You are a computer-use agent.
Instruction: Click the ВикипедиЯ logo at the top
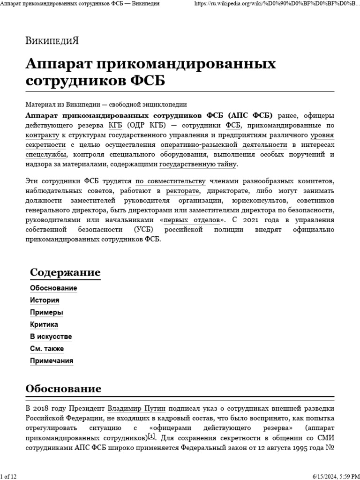(x=52, y=40)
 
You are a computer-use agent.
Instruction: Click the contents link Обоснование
(x=53, y=288)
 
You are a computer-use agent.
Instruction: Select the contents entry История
(x=45, y=300)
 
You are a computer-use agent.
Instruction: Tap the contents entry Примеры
(x=46, y=312)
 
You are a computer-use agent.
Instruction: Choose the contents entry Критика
(x=44, y=324)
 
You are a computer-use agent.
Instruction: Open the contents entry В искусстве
(x=51, y=337)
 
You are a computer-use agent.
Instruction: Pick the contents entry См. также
(x=47, y=349)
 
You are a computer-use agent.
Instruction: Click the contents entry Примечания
(x=52, y=361)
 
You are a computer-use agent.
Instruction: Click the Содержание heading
(x=65, y=272)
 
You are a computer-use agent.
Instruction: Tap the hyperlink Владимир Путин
(x=136, y=408)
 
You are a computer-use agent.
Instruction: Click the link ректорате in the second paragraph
(x=183, y=191)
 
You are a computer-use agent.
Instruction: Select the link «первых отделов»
(x=192, y=219)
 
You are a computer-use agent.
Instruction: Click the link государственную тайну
(x=198, y=164)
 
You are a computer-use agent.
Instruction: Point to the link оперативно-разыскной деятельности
(x=224, y=145)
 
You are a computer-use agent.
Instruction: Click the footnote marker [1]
(x=151, y=436)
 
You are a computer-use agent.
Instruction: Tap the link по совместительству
(x=171, y=181)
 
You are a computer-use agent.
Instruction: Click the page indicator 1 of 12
(x=9, y=476)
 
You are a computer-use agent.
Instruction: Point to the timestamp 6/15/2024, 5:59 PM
(x=333, y=476)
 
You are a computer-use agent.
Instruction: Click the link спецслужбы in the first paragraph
(x=46, y=155)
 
